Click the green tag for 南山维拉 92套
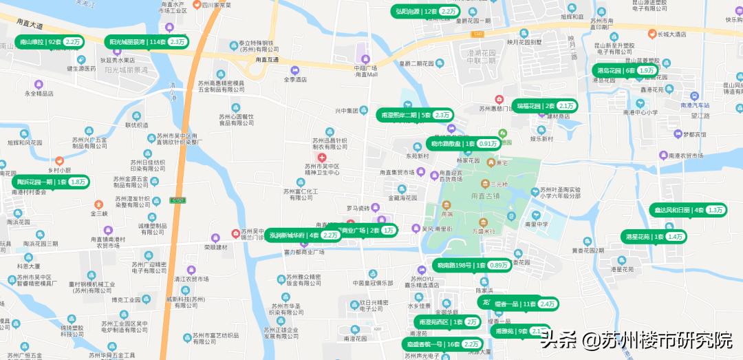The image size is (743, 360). (x=49, y=42)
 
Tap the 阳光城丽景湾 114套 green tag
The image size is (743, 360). (x=147, y=42)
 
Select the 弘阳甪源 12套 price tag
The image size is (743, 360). (x=426, y=11)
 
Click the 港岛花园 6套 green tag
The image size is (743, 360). (x=625, y=70)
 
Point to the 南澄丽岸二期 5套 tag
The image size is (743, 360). (x=414, y=115)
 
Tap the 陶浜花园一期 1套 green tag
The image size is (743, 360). (x=51, y=182)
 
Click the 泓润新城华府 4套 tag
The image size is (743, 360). (x=303, y=235)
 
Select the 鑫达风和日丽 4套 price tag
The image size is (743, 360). (x=687, y=210)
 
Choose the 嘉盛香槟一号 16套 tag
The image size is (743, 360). (x=442, y=344)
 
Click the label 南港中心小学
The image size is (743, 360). (x=640, y=112)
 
